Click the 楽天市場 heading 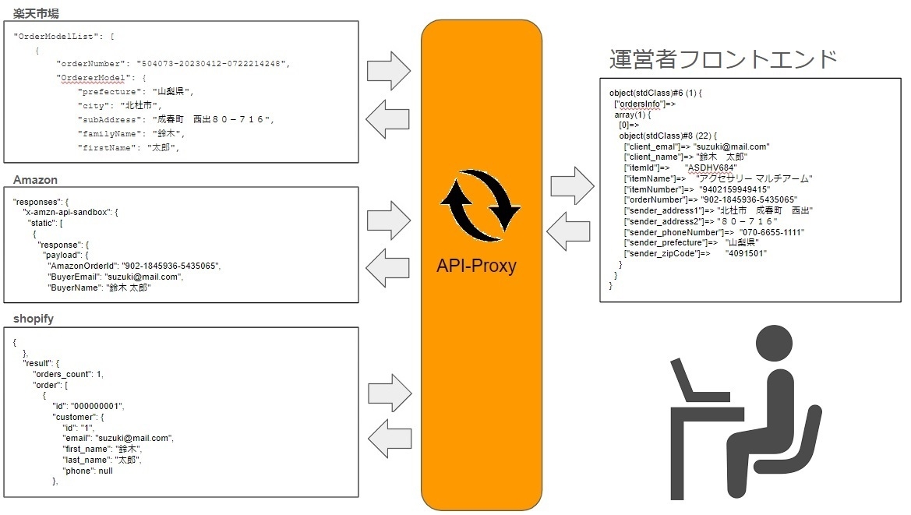pos(37,13)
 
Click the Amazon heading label pos(36,180)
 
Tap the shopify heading pos(34,319)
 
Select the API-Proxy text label pos(476,266)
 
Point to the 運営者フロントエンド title pos(723,59)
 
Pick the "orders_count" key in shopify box pos(66,374)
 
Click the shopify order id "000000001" pos(97,407)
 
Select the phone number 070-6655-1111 pos(772,232)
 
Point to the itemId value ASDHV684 pos(711,168)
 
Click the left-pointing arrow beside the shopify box pos(389,439)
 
